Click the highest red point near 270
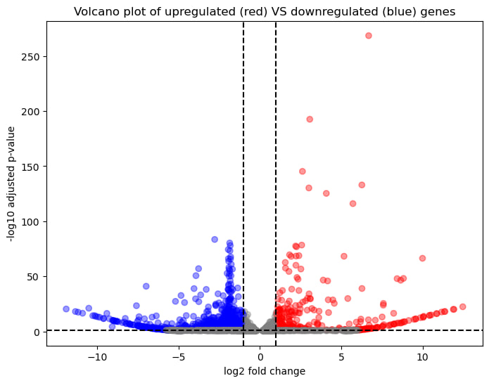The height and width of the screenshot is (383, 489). (x=369, y=36)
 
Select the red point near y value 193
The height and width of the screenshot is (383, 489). (x=310, y=119)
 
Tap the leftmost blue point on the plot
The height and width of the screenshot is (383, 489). (x=66, y=309)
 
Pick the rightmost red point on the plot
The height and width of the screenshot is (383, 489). (x=462, y=307)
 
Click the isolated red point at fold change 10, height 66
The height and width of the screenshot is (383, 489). (x=422, y=259)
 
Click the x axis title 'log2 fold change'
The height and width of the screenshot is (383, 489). (x=265, y=371)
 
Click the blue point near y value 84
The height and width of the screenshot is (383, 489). (x=215, y=240)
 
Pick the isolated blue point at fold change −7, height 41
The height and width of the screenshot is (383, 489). (x=146, y=287)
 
